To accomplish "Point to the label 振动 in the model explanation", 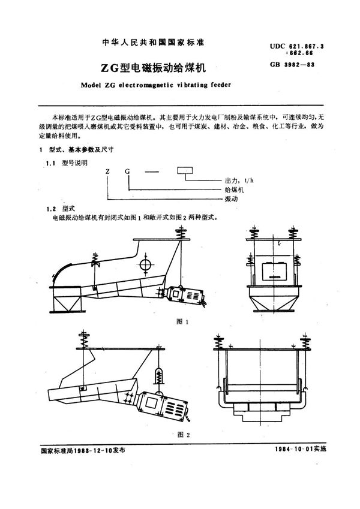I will (x=230, y=198).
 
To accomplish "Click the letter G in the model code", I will (x=127, y=171).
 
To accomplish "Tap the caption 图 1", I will (x=182, y=322).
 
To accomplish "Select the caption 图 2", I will (x=182, y=434).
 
